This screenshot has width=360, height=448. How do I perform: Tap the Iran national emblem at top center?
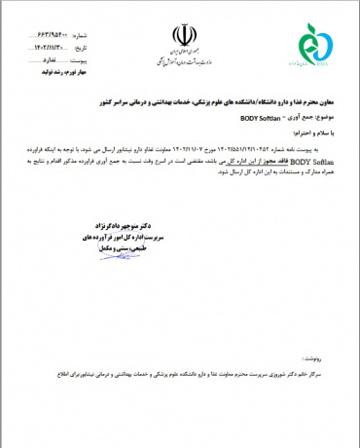pos(181,34)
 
